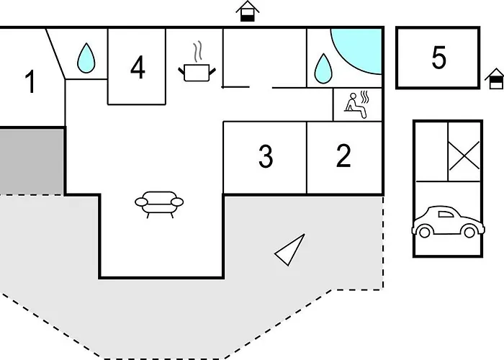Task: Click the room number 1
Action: click(30, 82)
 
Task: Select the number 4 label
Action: click(138, 68)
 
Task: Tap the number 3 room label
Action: click(266, 156)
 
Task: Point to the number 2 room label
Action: click(343, 156)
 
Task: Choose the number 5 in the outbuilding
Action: click(439, 58)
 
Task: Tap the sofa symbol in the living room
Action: click(159, 204)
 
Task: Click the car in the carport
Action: click(449, 222)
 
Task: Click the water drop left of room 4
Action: click(86, 58)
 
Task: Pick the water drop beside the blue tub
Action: click(323, 68)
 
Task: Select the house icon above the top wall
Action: click(248, 12)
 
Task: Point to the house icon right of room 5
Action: click(495, 79)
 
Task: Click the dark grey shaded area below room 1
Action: click(31, 161)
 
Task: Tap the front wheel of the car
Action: click(425, 232)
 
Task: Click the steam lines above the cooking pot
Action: click(198, 51)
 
